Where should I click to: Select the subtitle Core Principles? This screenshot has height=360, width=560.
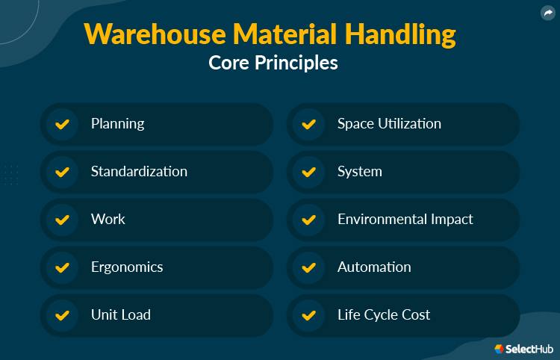coord(273,63)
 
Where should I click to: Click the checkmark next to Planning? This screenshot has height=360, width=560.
coord(63,124)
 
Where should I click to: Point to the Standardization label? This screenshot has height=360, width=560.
coord(139,172)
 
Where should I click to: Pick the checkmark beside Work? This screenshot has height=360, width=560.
coord(63,220)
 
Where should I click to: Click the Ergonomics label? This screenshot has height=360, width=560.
coord(127,267)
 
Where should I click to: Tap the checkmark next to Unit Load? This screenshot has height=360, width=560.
coord(63,315)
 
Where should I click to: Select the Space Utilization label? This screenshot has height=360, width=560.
coord(389,124)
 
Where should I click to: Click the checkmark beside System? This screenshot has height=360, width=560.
coord(308,172)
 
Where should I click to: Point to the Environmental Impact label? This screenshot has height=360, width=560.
coord(405,220)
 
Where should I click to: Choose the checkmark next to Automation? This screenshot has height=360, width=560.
coord(308,267)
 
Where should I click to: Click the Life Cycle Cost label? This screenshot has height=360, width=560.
coord(384,315)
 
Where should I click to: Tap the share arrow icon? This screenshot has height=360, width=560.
coord(547,13)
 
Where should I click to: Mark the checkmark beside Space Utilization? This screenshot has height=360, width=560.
coord(308,124)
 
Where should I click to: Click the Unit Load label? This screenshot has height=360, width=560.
coord(121,315)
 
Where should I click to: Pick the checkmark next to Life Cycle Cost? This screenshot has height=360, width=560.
coord(308,315)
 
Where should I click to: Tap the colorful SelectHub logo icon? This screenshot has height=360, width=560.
coord(500,349)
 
